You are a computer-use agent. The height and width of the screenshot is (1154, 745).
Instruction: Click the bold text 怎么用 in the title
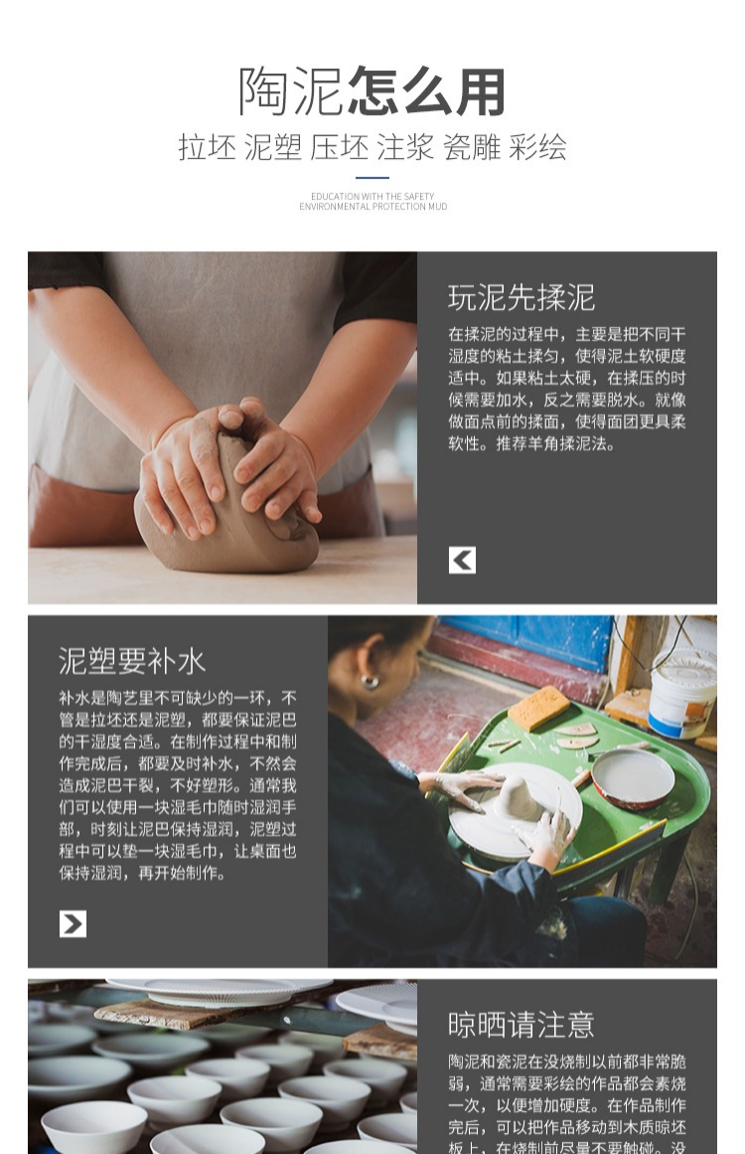click(x=427, y=92)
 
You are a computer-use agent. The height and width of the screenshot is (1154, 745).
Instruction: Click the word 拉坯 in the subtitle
click(x=207, y=148)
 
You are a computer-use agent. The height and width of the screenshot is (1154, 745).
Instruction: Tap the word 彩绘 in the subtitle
click(x=537, y=148)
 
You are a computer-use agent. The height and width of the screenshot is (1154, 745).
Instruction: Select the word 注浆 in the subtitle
click(x=405, y=148)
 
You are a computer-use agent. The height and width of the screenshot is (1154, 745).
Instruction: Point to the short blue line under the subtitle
click(x=372, y=178)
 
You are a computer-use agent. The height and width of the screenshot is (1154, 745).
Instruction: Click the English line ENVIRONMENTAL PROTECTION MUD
click(x=372, y=207)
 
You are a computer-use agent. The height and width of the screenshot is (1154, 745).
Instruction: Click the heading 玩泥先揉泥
click(x=521, y=297)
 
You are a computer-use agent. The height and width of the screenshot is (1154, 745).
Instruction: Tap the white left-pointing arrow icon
click(x=462, y=560)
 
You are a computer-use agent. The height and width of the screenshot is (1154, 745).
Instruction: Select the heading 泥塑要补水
click(x=131, y=661)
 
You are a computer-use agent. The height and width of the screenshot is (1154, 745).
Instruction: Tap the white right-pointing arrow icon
click(x=73, y=923)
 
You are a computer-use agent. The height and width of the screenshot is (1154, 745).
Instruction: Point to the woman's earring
click(x=369, y=681)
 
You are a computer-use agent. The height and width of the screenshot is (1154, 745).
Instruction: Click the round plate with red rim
click(x=633, y=777)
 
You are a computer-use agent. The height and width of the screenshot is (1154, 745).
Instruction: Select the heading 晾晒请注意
click(x=521, y=1025)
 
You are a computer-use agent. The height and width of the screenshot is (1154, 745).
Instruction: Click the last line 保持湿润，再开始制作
click(x=142, y=873)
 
